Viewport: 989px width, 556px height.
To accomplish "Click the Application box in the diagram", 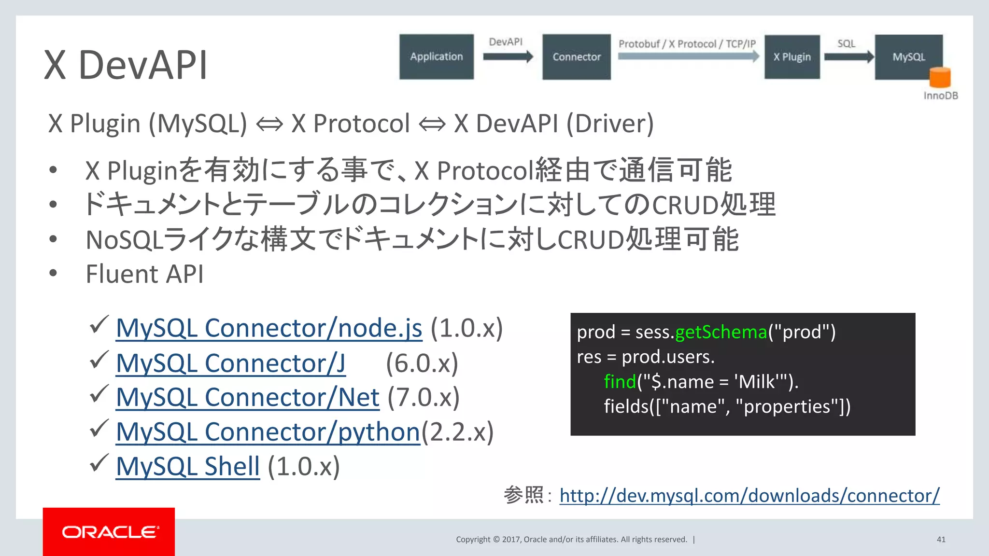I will (437, 56).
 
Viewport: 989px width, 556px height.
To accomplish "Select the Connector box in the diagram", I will (576, 56).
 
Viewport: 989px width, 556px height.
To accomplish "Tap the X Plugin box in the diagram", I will (792, 56).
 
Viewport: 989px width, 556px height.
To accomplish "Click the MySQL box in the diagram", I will (908, 56).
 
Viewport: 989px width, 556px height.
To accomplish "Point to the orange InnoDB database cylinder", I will (940, 77).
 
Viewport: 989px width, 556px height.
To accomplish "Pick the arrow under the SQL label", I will (849, 56).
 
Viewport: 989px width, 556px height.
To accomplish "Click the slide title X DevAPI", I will (126, 65).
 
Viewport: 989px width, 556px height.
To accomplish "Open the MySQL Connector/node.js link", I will (269, 328).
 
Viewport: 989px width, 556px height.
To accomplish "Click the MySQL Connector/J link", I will (230, 363).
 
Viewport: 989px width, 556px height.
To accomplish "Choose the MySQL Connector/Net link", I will (247, 398).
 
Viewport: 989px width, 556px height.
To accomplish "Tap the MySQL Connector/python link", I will (268, 432).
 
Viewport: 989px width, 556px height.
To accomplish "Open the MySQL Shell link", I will (188, 467).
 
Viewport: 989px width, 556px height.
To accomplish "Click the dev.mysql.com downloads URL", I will (749, 496).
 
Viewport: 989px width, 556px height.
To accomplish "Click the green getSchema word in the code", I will (721, 332).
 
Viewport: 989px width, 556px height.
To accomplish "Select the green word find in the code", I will (620, 382).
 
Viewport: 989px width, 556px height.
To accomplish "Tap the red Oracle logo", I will (109, 532).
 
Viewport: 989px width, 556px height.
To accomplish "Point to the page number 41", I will (941, 540).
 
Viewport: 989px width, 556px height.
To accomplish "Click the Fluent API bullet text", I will (144, 274).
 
